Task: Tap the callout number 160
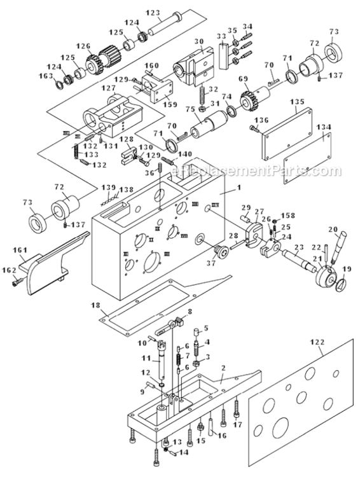click(151, 66)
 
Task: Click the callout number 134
click(324, 128)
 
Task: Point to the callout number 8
click(188, 310)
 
